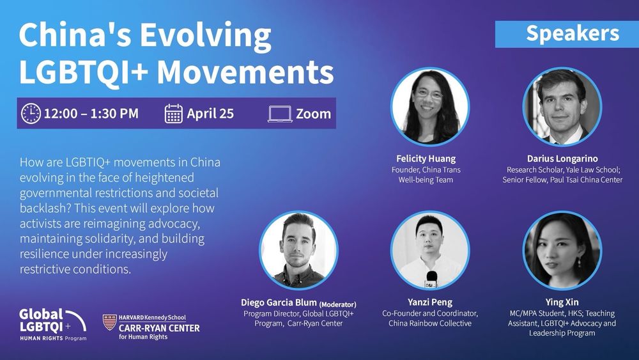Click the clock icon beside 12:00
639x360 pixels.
(x=31, y=113)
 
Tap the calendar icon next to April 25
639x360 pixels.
(x=174, y=114)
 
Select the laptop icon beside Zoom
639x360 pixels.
(x=280, y=114)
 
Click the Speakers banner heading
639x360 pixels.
(x=573, y=33)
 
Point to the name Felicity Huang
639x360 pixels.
(x=426, y=159)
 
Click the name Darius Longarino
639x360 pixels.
(x=562, y=159)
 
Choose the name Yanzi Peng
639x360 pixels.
(x=430, y=302)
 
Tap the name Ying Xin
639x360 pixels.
(x=562, y=302)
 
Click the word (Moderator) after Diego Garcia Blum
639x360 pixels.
(x=338, y=304)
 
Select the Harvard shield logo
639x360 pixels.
(x=109, y=322)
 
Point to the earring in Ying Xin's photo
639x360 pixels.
(x=578, y=262)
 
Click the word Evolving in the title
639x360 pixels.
(x=206, y=35)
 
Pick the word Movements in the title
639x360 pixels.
(x=245, y=72)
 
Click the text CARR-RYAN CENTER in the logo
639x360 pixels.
(x=159, y=328)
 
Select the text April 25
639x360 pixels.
(x=210, y=113)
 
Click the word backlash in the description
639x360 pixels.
(x=45, y=208)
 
